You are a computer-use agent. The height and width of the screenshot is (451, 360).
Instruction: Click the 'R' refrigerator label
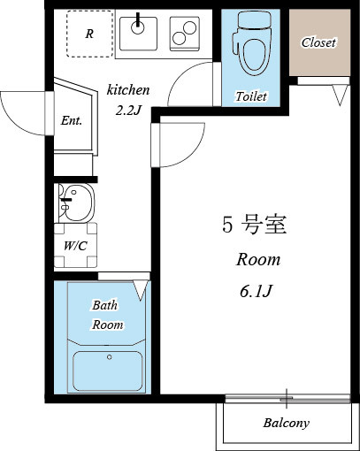click(x=89, y=34)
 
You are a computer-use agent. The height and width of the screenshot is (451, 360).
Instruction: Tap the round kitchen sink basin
click(x=138, y=27)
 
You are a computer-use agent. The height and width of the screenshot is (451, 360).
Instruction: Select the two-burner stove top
click(x=184, y=34)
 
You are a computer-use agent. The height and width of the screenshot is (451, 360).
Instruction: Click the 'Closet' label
click(x=318, y=42)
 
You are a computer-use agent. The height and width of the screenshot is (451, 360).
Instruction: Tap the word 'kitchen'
click(x=128, y=90)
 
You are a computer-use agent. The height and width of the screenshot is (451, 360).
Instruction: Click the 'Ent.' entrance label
click(x=72, y=121)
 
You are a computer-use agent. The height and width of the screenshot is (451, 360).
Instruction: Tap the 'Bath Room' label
click(x=106, y=315)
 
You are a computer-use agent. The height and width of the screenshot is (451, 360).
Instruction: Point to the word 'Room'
click(x=257, y=260)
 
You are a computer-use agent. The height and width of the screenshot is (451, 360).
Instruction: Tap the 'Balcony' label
click(x=287, y=423)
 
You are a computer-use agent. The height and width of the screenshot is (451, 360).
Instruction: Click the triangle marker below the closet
click(x=339, y=95)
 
